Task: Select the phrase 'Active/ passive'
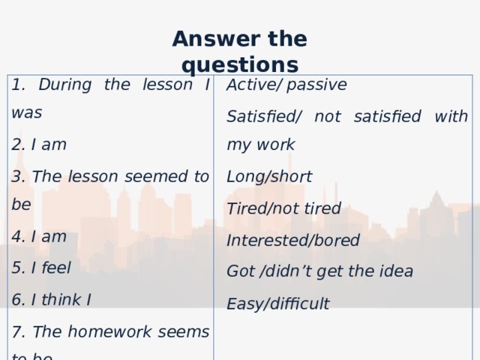tap(286, 85)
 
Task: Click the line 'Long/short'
tap(269, 176)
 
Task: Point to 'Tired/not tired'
tap(283, 208)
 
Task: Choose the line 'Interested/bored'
tap(293, 241)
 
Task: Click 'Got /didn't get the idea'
tap(319, 271)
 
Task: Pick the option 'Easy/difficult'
tap(277, 303)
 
